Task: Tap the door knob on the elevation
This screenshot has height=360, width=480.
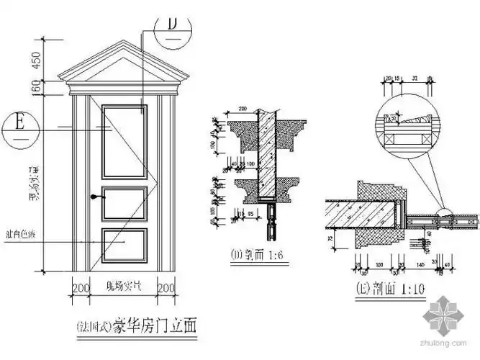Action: coord(94,195)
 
